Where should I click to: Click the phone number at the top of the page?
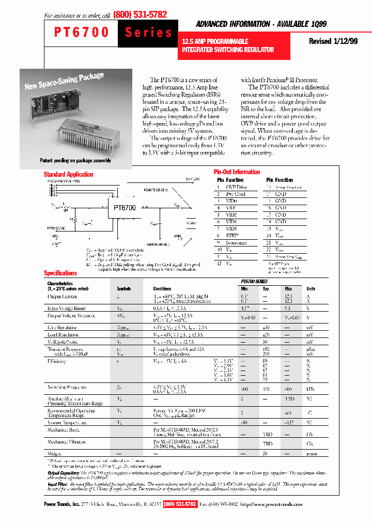click(139, 14)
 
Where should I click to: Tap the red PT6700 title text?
click(82, 33)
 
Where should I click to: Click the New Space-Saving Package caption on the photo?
click(64, 81)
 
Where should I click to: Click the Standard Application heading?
click(68, 174)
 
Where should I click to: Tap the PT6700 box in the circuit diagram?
click(125, 208)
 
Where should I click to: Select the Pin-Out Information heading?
click(237, 172)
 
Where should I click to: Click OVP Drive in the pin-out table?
click(236, 187)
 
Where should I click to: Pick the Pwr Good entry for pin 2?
click(235, 194)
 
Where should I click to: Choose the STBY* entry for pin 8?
click(231, 235)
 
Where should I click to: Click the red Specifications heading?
click(60, 273)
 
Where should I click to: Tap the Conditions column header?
click(162, 289)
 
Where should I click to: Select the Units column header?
click(311, 289)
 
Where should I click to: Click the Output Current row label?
click(62, 297)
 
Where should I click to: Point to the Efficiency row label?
click(57, 362)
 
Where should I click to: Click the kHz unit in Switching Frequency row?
click(311, 387)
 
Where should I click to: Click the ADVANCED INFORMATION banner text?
click(261, 24)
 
